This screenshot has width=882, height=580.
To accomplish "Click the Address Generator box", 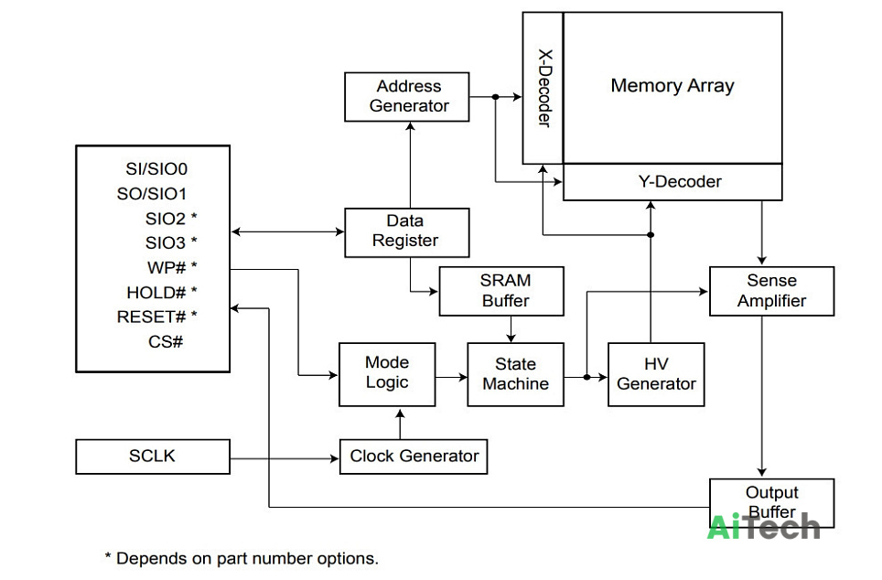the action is pyautogui.click(x=406, y=97).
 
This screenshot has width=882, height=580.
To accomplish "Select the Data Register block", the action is pyautogui.click(x=406, y=233).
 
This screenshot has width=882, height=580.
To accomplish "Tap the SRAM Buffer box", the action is pyautogui.click(x=501, y=291).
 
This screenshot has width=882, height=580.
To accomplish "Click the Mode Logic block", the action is pyautogui.click(x=387, y=375).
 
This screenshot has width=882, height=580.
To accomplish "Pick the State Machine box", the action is pyautogui.click(x=515, y=375).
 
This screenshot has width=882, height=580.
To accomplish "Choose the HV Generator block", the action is pyautogui.click(x=656, y=375).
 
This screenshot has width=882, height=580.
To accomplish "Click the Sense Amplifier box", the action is pyautogui.click(x=772, y=291).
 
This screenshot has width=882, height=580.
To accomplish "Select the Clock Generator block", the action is pyautogui.click(x=414, y=456).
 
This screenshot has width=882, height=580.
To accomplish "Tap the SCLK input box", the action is pyautogui.click(x=153, y=456).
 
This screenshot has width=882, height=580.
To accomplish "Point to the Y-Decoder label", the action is pyautogui.click(x=680, y=182).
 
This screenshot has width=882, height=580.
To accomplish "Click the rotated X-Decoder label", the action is pyautogui.click(x=544, y=89).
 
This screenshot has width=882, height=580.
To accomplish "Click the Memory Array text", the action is pyautogui.click(x=672, y=85).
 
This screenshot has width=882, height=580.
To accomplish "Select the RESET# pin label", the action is pyautogui.click(x=151, y=317).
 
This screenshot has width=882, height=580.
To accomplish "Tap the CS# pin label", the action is pyautogui.click(x=166, y=341).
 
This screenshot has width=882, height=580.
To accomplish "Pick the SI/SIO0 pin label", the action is pyautogui.click(x=156, y=168).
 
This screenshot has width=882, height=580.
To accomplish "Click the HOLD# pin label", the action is pyautogui.click(x=156, y=293).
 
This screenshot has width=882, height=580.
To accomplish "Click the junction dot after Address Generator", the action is pyautogui.click(x=496, y=97).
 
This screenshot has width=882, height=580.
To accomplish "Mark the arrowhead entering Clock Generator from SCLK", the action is pyautogui.click(x=334, y=458).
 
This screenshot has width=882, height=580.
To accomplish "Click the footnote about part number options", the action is pyautogui.click(x=242, y=559).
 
